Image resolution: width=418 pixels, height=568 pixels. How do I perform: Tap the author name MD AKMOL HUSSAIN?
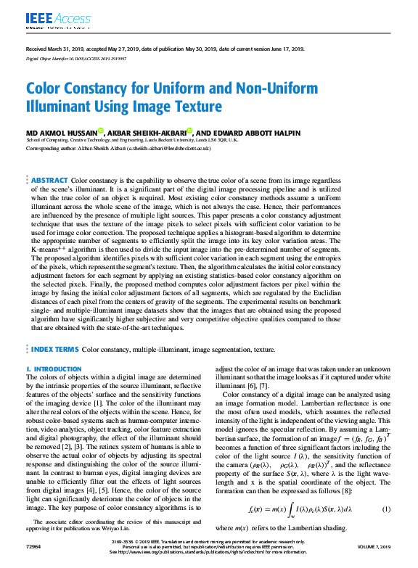[60, 132]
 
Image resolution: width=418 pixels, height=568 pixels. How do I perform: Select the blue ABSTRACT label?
[49, 180]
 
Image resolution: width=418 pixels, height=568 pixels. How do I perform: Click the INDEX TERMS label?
[54, 349]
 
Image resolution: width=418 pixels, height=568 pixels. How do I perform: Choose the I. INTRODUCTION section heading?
[54, 369]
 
